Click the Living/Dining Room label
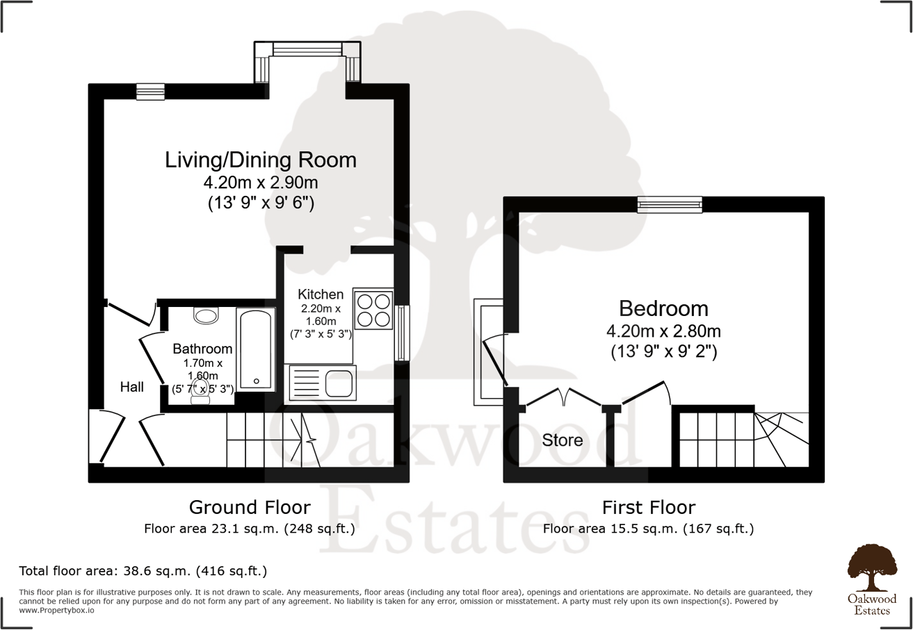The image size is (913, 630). click(x=261, y=160)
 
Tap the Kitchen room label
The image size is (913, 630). click(x=321, y=294)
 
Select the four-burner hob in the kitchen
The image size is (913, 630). click(x=373, y=309)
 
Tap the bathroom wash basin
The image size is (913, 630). click(x=206, y=316)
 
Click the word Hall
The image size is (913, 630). click(x=131, y=387)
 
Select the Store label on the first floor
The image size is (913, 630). click(x=563, y=440)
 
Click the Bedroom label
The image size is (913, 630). click(x=663, y=308)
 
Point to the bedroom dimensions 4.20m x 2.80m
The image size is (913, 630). click(x=663, y=331)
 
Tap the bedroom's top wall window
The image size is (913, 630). click(x=670, y=204)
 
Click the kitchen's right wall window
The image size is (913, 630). click(x=401, y=333)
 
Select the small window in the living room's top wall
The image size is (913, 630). click(x=150, y=92)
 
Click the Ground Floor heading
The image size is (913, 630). click(x=250, y=507)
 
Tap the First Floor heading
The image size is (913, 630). click(x=648, y=507)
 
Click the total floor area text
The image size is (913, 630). click(x=143, y=572)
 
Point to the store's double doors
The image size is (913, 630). click(x=564, y=398)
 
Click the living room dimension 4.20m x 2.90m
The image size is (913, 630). click(x=261, y=183)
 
